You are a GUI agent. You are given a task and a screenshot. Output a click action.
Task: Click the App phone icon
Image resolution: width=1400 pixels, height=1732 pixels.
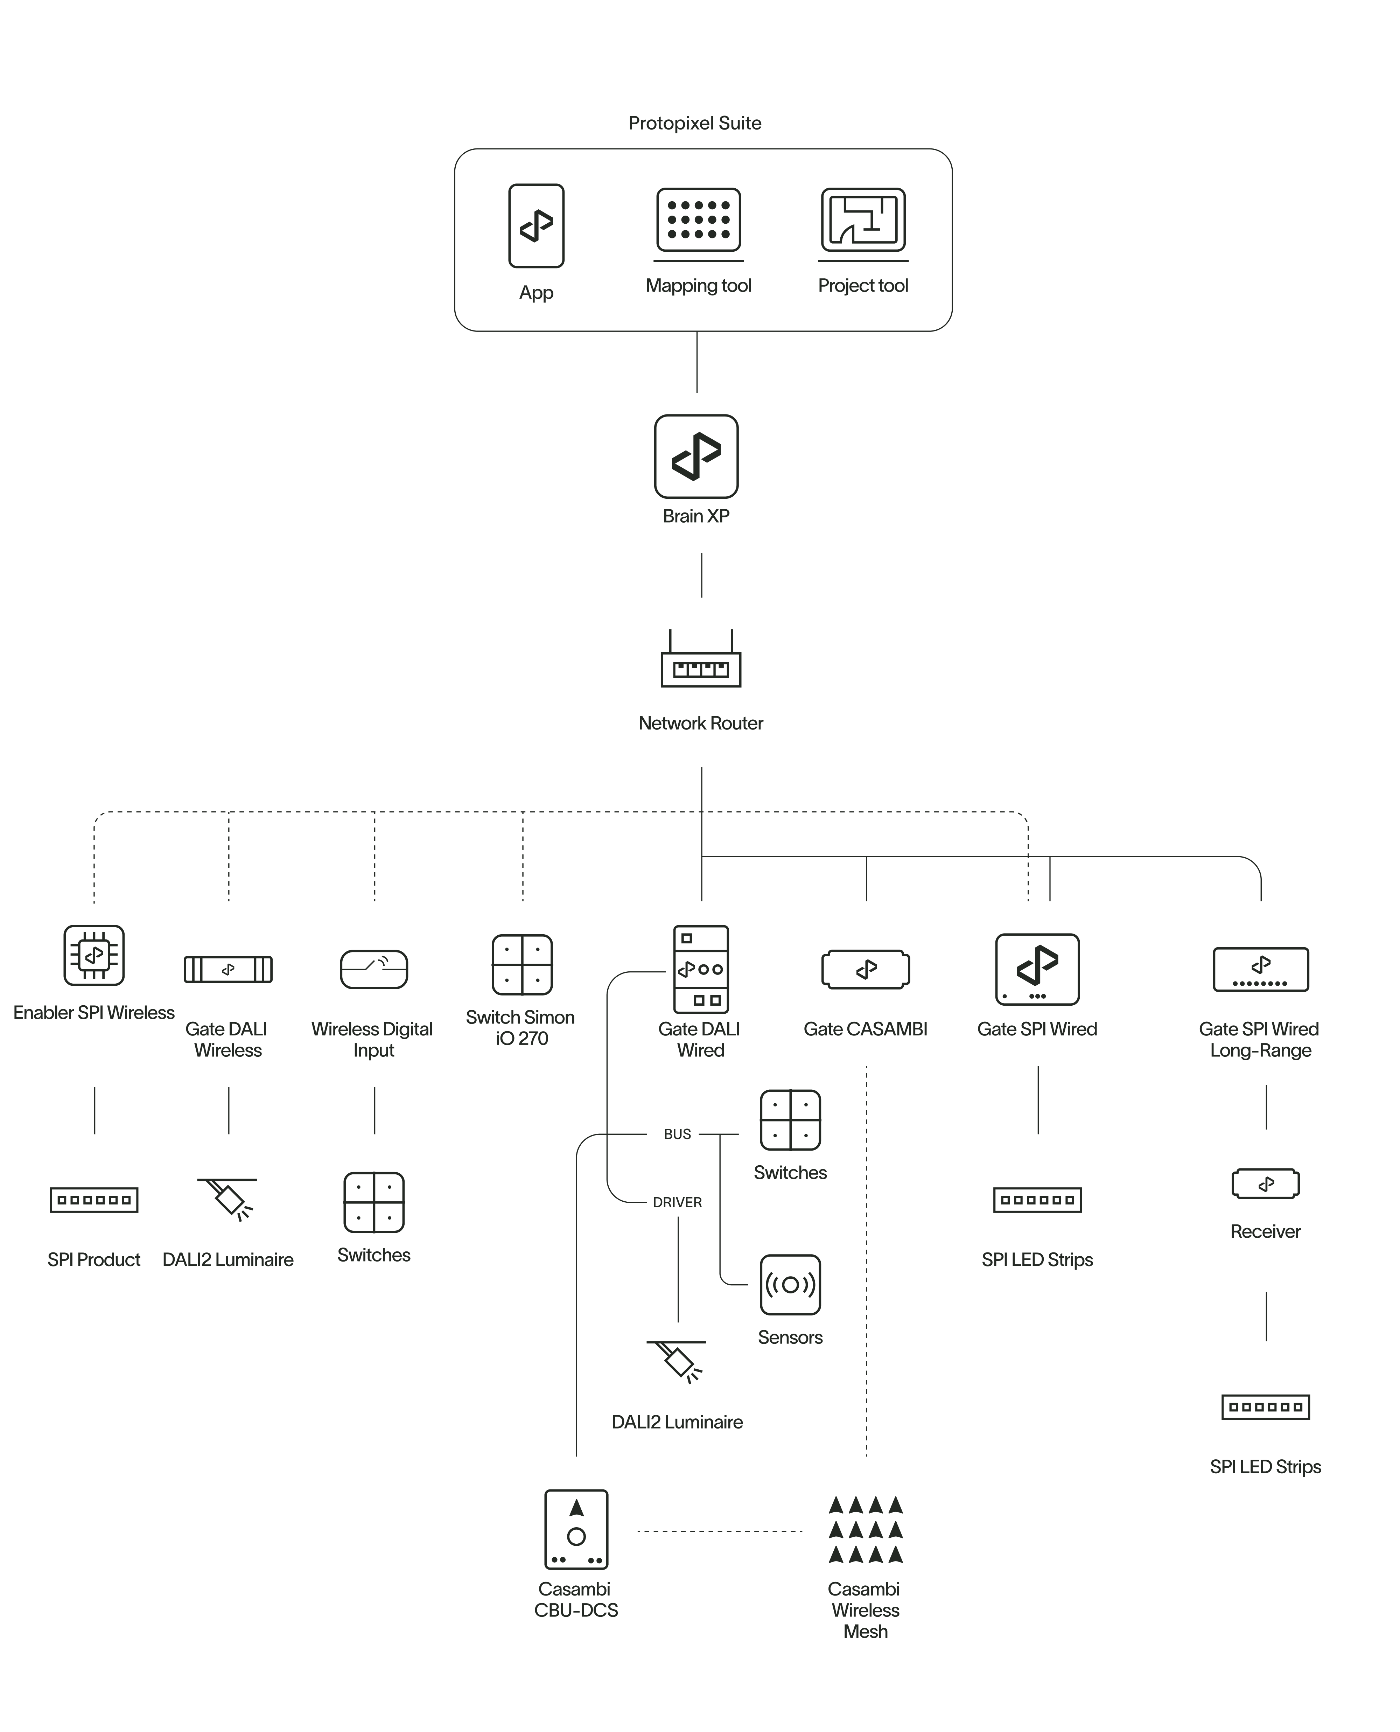[x=536, y=226]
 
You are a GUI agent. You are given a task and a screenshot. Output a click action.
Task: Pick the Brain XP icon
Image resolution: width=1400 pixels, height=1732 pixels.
[x=696, y=456]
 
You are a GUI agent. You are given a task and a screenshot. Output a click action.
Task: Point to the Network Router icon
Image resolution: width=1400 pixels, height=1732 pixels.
[x=701, y=661]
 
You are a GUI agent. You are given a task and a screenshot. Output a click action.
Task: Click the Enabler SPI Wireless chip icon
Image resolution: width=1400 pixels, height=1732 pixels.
[x=94, y=956]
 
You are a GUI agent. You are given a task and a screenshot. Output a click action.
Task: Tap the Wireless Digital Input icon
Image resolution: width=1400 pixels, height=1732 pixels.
[x=374, y=969]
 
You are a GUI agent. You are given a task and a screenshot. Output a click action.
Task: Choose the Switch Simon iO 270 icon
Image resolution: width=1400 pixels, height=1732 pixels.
[x=522, y=964]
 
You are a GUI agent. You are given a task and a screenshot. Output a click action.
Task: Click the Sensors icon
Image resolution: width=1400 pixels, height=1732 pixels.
[x=790, y=1285]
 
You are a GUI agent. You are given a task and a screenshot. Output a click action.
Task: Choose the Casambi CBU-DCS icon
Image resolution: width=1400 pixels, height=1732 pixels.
[x=576, y=1529]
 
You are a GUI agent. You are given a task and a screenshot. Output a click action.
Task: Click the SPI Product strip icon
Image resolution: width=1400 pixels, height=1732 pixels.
[x=94, y=1200]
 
